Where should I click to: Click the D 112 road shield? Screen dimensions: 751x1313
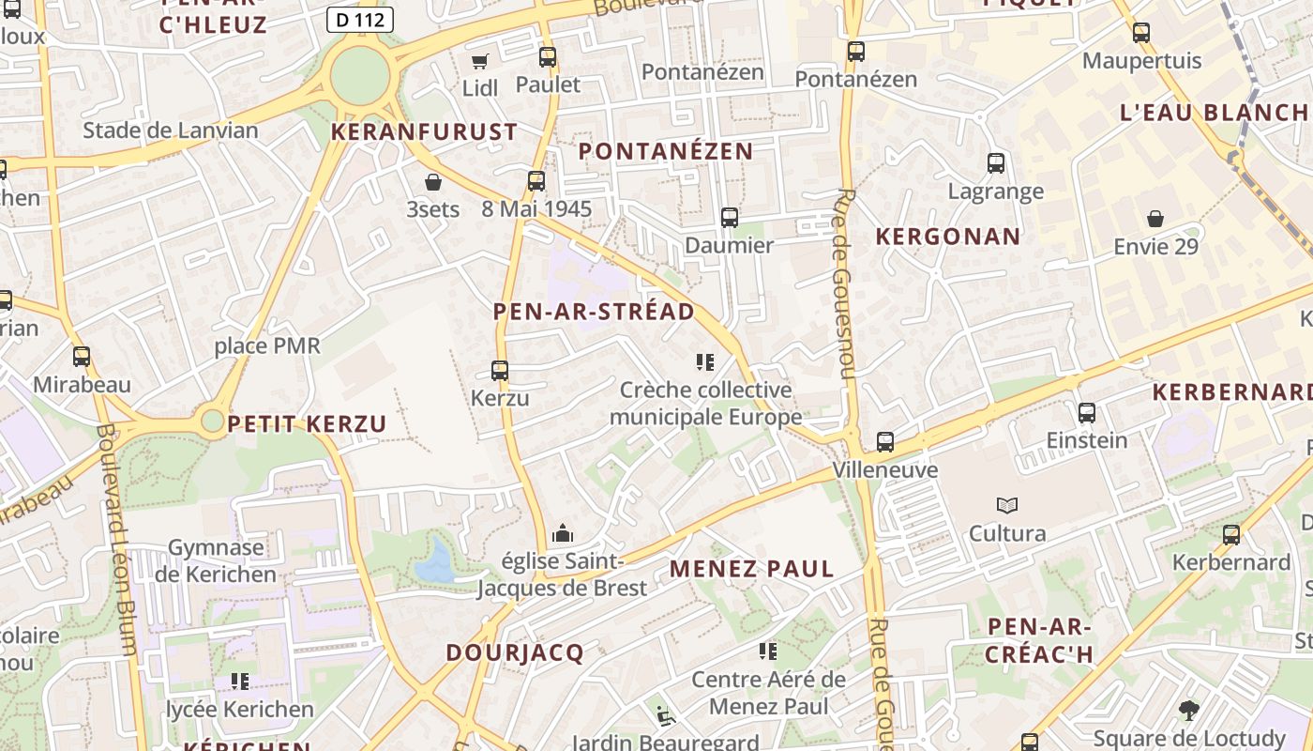pyautogui.click(x=360, y=20)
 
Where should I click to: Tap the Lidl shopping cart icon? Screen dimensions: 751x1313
pyautogui.click(x=480, y=61)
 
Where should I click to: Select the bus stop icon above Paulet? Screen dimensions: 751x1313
pyautogui.click(x=548, y=57)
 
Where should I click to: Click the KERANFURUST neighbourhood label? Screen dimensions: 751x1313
pyautogui.click(x=424, y=131)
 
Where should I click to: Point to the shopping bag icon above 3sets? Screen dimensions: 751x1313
pyautogui.click(x=433, y=181)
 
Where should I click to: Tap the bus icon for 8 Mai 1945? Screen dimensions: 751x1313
pyautogui.click(x=536, y=181)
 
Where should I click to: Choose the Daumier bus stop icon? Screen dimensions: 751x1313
pyautogui.click(x=730, y=218)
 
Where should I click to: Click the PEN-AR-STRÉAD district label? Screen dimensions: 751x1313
pyautogui.click(x=594, y=312)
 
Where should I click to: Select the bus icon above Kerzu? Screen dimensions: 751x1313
pyautogui.click(x=500, y=371)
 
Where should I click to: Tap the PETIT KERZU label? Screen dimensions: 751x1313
pyautogui.click(x=307, y=423)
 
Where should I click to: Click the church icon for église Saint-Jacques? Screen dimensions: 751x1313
pyautogui.click(x=563, y=534)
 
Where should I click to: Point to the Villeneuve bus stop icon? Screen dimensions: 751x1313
pyautogui.click(x=885, y=442)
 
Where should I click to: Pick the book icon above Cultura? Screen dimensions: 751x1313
pyautogui.click(x=1007, y=506)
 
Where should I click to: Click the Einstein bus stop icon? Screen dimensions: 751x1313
pyautogui.click(x=1087, y=412)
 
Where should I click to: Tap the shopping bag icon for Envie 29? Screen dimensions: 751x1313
pyautogui.click(x=1155, y=219)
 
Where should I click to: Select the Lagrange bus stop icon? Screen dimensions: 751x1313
pyautogui.click(x=996, y=163)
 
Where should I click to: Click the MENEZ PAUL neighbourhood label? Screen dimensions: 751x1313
pyautogui.click(x=752, y=569)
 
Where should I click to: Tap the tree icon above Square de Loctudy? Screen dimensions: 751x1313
pyautogui.click(x=1188, y=710)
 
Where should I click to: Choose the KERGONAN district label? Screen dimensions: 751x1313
pyautogui.click(x=947, y=237)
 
